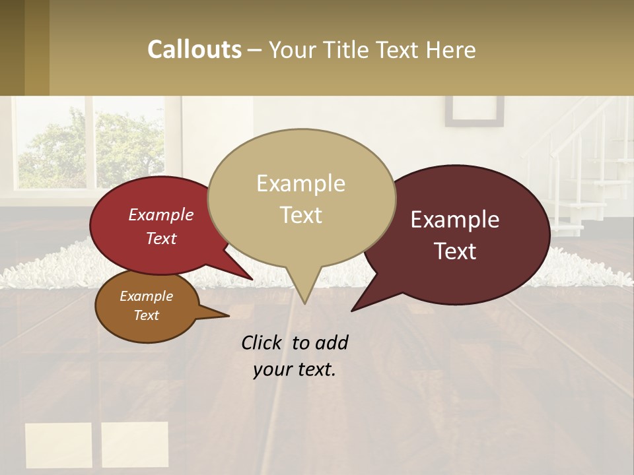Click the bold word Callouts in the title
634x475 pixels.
(194, 49)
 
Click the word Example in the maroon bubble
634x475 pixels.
(455, 220)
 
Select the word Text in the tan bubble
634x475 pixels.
(301, 215)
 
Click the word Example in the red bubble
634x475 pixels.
(160, 215)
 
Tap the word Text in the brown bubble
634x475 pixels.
(147, 315)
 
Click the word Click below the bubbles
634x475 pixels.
(264, 342)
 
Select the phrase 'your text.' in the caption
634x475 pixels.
(295, 369)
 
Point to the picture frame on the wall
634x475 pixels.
(474, 111)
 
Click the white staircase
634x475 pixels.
(581, 172)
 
